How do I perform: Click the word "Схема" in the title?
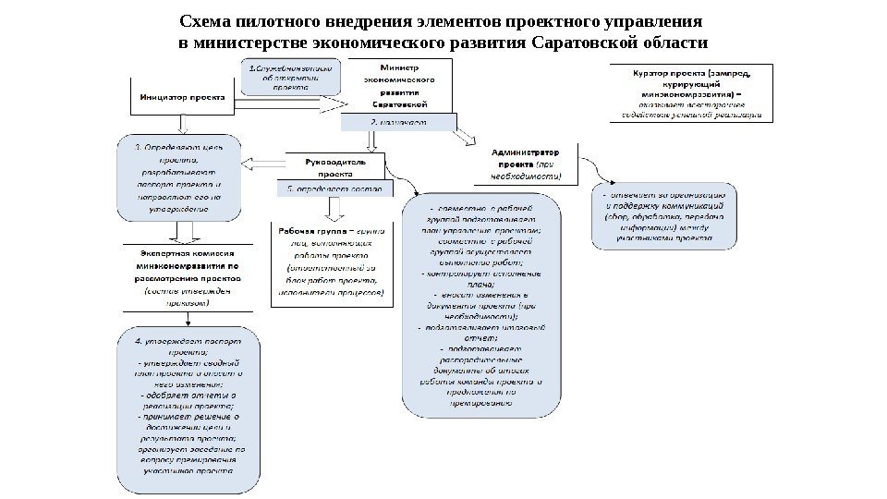[x=205, y=21]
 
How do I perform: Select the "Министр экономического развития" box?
[x=399, y=86]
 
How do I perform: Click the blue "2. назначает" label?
[x=399, y=122]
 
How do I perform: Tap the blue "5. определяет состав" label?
[x=334, y=189]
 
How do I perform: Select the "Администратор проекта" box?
[x=526, y=164]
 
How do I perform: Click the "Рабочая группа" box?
[x=330, y=263]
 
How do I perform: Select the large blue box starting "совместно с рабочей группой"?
[x=480, y=304]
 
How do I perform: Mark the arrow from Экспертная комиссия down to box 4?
[x=188, y=317]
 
